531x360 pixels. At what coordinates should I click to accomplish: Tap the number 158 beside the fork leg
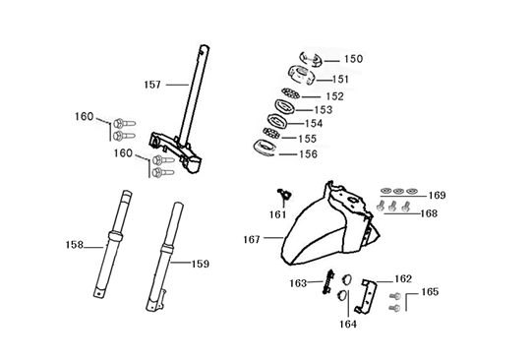[75, 244]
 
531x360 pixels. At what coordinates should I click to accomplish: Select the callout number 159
[200, 264]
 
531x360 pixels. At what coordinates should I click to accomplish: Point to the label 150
[352, 59]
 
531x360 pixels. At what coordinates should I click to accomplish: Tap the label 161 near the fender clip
[279, 212]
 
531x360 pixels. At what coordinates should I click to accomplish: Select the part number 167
[254, 239]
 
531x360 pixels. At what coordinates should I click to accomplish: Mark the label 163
[298, 283]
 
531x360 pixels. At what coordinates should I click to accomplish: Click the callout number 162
[403, 278]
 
